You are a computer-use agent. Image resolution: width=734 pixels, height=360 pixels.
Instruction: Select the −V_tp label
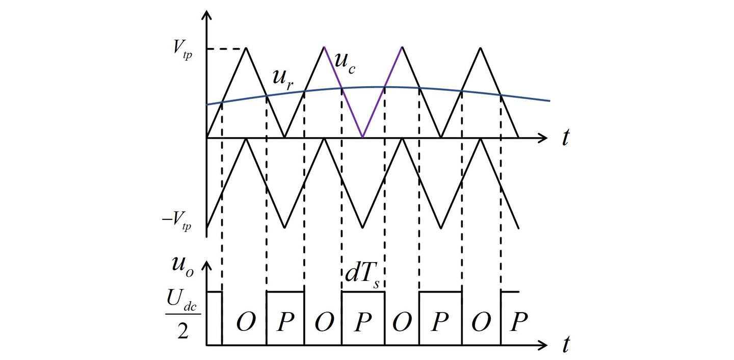[x=177, y=223]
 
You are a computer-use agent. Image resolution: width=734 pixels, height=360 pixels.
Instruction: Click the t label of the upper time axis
[x=565, y=138]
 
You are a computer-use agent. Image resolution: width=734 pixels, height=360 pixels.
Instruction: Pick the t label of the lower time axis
[x=565, y=346]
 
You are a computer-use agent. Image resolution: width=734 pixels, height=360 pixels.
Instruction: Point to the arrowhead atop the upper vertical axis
[x=207, y=14]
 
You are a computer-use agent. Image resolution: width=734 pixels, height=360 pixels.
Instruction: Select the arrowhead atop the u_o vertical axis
[x=207, y=266]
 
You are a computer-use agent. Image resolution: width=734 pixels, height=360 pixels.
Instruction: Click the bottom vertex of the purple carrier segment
[x=362, y=137]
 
